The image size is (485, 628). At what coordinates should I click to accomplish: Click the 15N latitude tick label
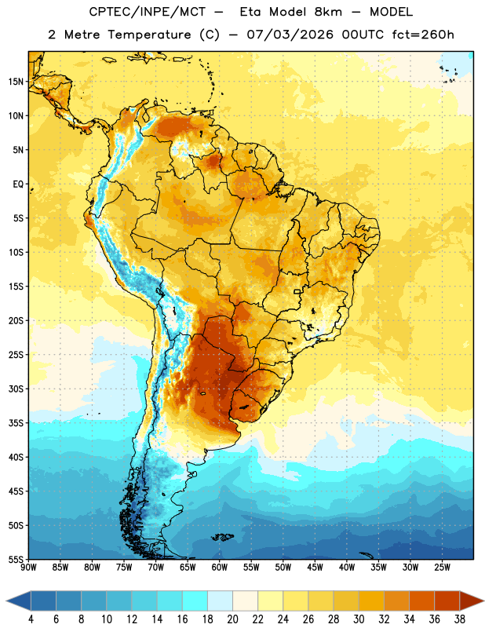(x=16, y=82)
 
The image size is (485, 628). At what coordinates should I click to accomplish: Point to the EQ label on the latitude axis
(x=18, y=184)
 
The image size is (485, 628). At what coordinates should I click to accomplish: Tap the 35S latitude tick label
(x=16, y=423)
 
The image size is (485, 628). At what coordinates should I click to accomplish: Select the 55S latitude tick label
(x=16, y=559)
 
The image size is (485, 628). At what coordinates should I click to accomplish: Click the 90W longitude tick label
(x=28, y=567)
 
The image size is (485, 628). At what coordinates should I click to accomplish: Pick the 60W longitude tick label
(x=220, y=567)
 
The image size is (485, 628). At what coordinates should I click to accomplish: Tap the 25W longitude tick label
(x=443, y=567)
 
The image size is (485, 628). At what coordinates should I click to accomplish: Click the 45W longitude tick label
(x=315, y=567)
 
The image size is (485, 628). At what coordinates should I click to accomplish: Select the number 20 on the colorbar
(x=232, y=619)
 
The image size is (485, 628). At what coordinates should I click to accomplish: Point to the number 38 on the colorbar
(x=460, y=619)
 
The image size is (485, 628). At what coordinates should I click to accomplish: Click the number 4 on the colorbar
(x=31, y=619)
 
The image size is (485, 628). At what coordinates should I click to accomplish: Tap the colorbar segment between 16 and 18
(x=195, y=601)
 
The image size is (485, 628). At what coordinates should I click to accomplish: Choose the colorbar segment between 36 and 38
(x=447, y=601)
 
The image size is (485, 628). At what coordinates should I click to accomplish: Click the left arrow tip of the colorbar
(x=6, y=601)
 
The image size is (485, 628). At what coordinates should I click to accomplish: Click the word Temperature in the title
(x=149, y=35)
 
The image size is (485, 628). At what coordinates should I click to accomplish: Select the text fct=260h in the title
(x=423, y=35)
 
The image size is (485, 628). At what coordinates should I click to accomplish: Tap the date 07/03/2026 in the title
(x=290, y=35)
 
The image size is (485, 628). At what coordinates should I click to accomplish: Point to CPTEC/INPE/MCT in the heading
(x=148, y=12)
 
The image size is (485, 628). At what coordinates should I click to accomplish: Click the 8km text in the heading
(x=328, y=12)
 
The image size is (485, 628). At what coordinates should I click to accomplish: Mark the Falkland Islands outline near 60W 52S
(x=223, y=537)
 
